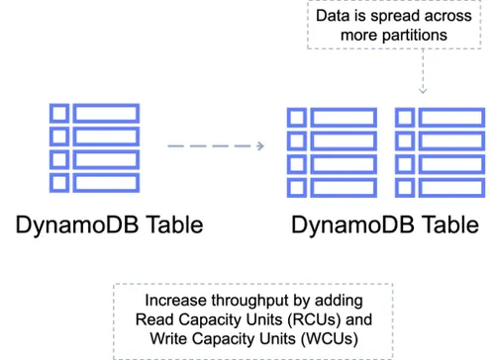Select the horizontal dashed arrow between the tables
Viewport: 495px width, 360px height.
pos(216,146)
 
